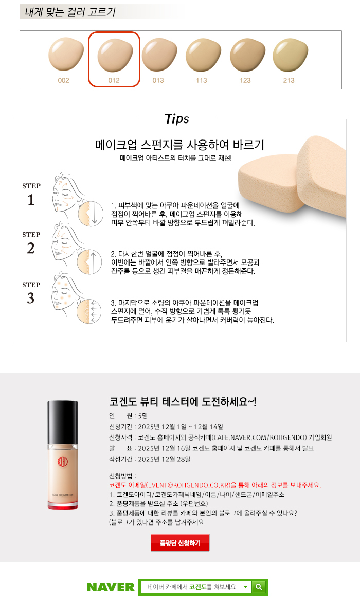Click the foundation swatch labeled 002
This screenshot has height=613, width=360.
66,55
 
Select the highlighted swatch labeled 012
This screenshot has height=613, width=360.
115,55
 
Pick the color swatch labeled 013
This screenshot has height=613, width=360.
159,55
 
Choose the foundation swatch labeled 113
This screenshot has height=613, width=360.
203,55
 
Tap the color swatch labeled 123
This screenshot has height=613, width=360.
247,55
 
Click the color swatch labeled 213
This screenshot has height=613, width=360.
290,55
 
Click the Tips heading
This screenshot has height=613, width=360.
176,119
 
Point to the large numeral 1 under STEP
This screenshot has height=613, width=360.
31,200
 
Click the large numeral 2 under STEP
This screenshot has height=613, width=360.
31,248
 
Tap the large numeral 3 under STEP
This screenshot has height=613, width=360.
31,299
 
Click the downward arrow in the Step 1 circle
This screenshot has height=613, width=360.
94,214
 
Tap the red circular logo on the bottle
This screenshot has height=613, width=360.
62,462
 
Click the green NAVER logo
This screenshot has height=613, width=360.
111,587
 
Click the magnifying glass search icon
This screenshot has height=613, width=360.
259,587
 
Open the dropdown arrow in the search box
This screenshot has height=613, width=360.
246,587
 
